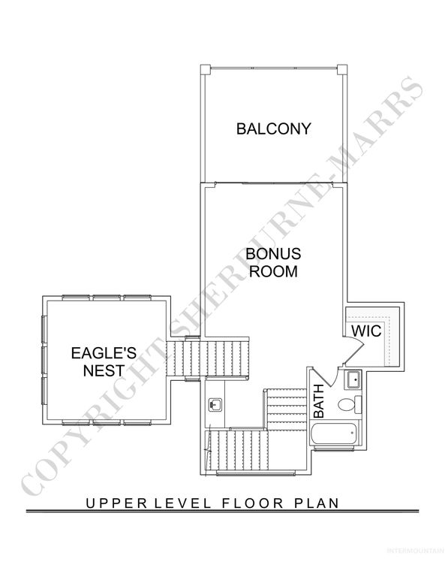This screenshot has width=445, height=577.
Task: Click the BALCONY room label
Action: (x=272, y=128)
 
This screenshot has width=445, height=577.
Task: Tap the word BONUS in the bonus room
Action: (x=273, y=253)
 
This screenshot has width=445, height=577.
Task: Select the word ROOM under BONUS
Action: (x=273, y=271)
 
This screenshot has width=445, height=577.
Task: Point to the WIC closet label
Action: (x=367, y=331)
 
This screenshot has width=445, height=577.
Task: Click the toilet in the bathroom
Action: (x=347, y=406)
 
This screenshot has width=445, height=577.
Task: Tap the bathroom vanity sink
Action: (x=351, y=379)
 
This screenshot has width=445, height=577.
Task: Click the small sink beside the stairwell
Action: (x=215, y=405)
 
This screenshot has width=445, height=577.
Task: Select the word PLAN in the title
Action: (x=314, y=503)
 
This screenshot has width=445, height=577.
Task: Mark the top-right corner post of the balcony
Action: (x=343, y=69)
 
